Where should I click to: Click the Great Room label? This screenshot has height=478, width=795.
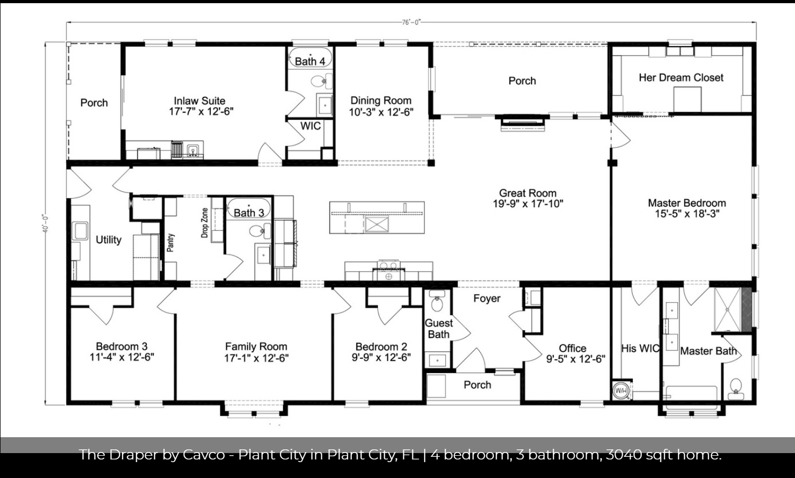[527, 193]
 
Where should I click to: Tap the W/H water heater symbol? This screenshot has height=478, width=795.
[621, 391]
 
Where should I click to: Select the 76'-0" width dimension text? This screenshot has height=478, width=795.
[411, 22]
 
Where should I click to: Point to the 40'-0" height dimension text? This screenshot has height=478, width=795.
[46, 224]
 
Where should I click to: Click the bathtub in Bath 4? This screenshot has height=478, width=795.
[311, 57]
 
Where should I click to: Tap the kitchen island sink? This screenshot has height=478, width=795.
[376, 224]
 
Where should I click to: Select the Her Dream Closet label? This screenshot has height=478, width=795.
[681, 78]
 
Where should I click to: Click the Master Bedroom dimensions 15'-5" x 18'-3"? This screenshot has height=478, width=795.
[687, 214]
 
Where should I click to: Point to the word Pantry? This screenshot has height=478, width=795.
[171, 243]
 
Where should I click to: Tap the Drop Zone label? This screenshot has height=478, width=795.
[205, 223]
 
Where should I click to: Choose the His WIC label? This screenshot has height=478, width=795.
[640, 349]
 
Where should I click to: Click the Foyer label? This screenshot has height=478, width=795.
[487, 298]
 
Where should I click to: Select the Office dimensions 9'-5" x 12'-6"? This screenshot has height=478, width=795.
[576, 359]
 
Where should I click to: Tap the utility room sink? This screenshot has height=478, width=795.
[80, 231]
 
